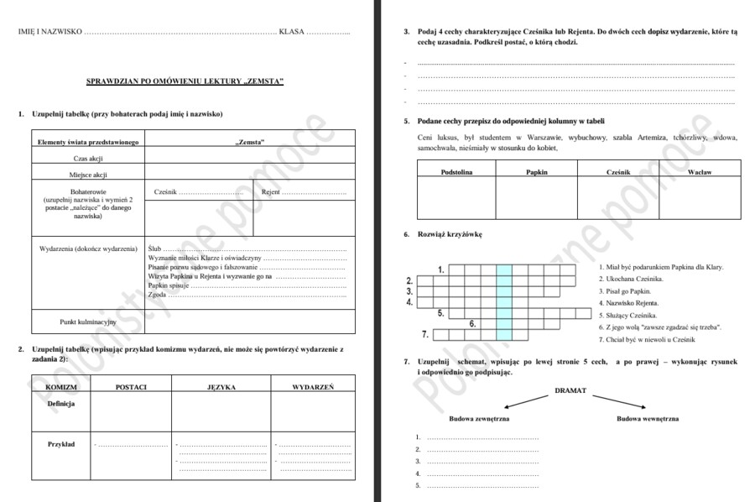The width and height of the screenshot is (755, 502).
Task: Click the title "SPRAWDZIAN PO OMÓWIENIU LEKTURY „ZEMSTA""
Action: [185, 81]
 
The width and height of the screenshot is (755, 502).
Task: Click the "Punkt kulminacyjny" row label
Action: [88, 322]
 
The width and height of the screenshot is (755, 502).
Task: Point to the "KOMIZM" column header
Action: [62, 387]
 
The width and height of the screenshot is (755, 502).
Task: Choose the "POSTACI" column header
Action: [132, 387]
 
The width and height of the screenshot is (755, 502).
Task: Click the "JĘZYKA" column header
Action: [221, 387]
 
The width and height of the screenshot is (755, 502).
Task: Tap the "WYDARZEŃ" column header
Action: [313, 387]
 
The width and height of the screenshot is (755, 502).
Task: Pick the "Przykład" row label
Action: [61, 444]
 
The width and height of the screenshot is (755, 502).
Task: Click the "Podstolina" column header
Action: [457, 171]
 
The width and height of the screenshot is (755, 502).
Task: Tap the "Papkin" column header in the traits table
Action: [537, 171]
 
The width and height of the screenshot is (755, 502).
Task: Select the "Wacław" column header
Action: [699, 171]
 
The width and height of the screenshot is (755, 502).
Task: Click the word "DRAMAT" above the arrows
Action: [570, 390]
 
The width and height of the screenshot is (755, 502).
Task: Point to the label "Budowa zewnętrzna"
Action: [479, 418]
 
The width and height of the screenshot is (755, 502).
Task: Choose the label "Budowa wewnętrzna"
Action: [648, 418]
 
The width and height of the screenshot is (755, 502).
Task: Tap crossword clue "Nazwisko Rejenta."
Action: [628, 302]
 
